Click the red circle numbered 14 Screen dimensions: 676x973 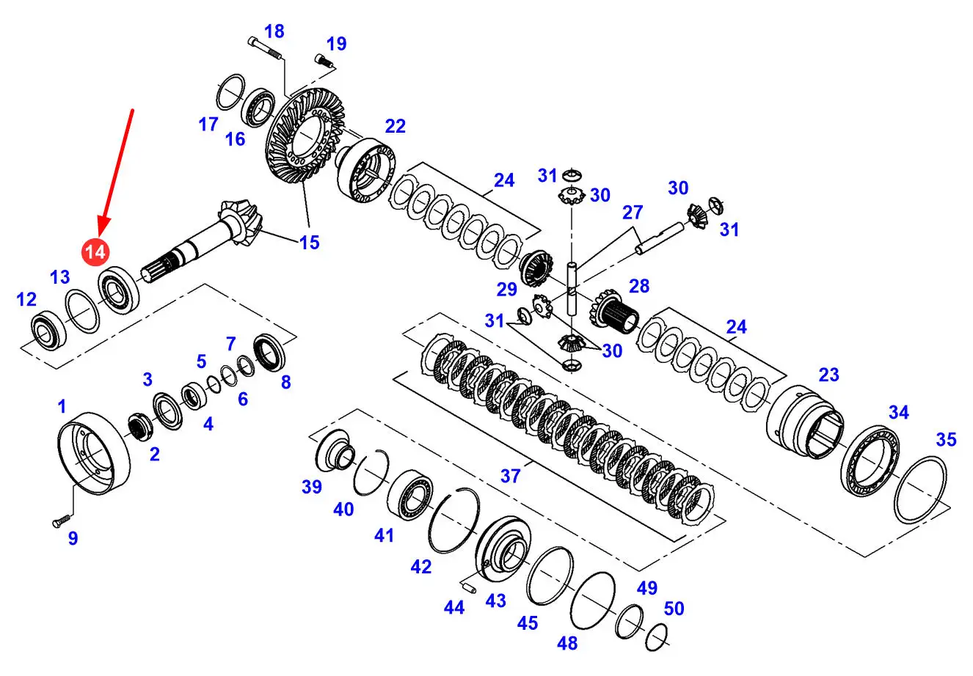95,252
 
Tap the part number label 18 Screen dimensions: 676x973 274,31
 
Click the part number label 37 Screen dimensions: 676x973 511,476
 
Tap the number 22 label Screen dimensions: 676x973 395,126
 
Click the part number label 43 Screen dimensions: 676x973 496,600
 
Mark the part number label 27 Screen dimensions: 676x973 632,213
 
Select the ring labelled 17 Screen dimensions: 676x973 232,92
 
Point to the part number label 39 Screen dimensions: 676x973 312,486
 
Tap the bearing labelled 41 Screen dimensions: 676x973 410,498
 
